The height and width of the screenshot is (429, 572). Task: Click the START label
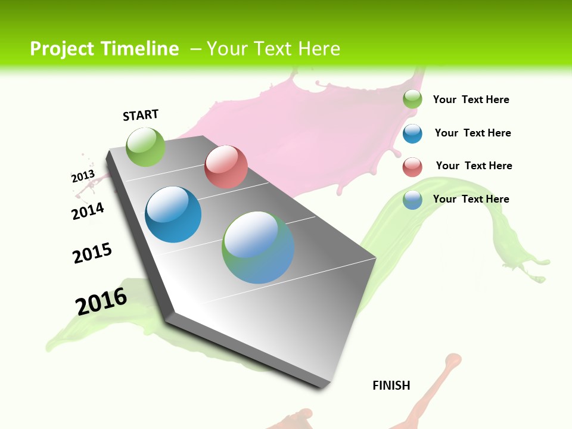tap(141, 115)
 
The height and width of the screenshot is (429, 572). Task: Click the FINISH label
tap(391, 386)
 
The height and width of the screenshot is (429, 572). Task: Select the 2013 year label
tap(83, 176)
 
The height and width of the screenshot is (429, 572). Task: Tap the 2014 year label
tap(88, 211)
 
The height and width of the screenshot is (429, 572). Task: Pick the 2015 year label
tap(92, 253)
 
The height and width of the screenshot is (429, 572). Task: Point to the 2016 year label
tap(101, 301)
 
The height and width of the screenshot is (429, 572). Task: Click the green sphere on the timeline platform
tap(145, 147)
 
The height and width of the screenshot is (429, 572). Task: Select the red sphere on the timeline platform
tap(226, 167)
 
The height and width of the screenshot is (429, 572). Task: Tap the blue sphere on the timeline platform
tap(173, 214)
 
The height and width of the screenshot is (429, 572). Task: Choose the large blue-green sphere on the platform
tap(258, 247)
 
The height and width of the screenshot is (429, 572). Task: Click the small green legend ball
tap(412, 100)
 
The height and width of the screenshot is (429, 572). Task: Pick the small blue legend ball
tap(412, 133)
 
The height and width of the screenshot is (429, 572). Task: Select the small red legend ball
tap(412, 167)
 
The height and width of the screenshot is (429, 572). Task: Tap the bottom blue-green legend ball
tap(412, 200)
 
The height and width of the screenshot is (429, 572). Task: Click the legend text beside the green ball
tap(471, 100)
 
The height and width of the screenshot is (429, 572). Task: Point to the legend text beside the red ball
tap(474, 166)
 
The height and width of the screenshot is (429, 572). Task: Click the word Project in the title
tap(61, 49)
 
